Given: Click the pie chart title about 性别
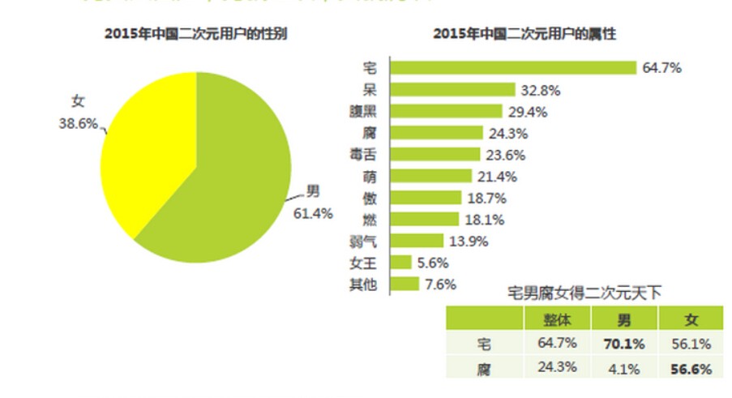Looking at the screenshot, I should [195, 34].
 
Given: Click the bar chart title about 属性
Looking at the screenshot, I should [524, 34].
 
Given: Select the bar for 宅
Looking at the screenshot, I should [513, 68].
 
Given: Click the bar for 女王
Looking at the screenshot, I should [400, 262].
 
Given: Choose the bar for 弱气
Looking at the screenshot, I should [417, 241].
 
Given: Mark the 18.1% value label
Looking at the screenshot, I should [485, 220].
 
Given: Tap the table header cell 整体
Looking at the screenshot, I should [557, 320].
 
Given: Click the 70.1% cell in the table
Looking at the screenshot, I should [624, 345].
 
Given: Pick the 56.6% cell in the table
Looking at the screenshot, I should [691, 369].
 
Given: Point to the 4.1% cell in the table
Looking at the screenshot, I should [624, 369].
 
